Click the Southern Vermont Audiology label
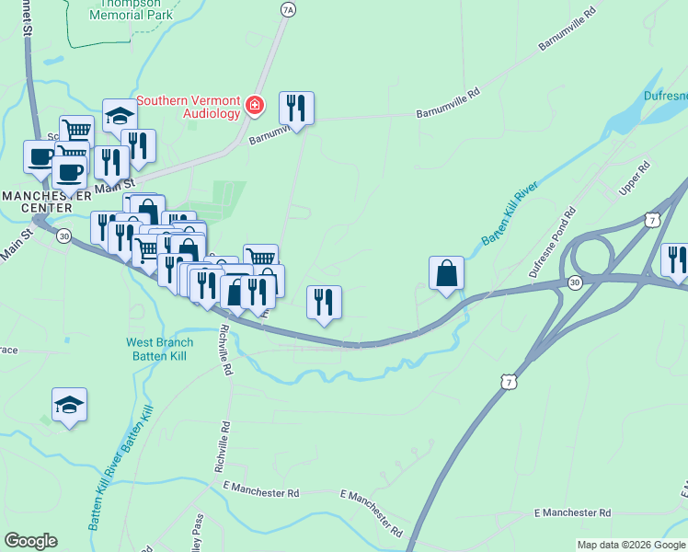(x=189, y=108)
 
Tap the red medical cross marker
(x=255, y=109)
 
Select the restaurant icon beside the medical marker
(x=296, y=109)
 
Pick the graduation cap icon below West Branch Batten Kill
(x=69, y=405)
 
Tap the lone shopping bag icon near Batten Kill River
(x=446, y=273)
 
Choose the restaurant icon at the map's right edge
(x=676, y=259)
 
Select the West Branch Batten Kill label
(x=160, y=350)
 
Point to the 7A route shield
(x=288, y=10)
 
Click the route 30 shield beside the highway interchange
(x=575, y=282)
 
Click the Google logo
(x=30, y=541)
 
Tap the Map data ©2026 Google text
(x=630, y=545)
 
